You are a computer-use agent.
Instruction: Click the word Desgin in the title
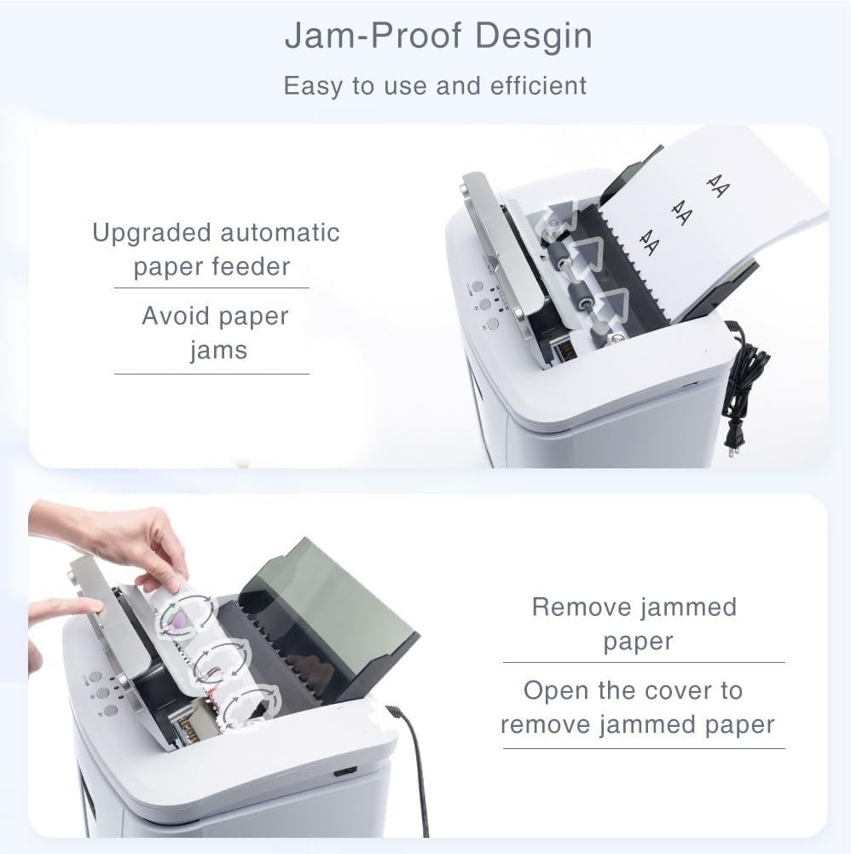(534, 37)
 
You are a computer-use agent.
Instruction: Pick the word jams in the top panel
(219, 351)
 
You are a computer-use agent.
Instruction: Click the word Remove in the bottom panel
(581, 607)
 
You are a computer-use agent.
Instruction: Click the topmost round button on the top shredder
(477, 287)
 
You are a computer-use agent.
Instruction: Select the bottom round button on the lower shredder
(111, 711)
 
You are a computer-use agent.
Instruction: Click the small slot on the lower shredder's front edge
(345, 771)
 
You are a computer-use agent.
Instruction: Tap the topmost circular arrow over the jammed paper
(186, 619)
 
